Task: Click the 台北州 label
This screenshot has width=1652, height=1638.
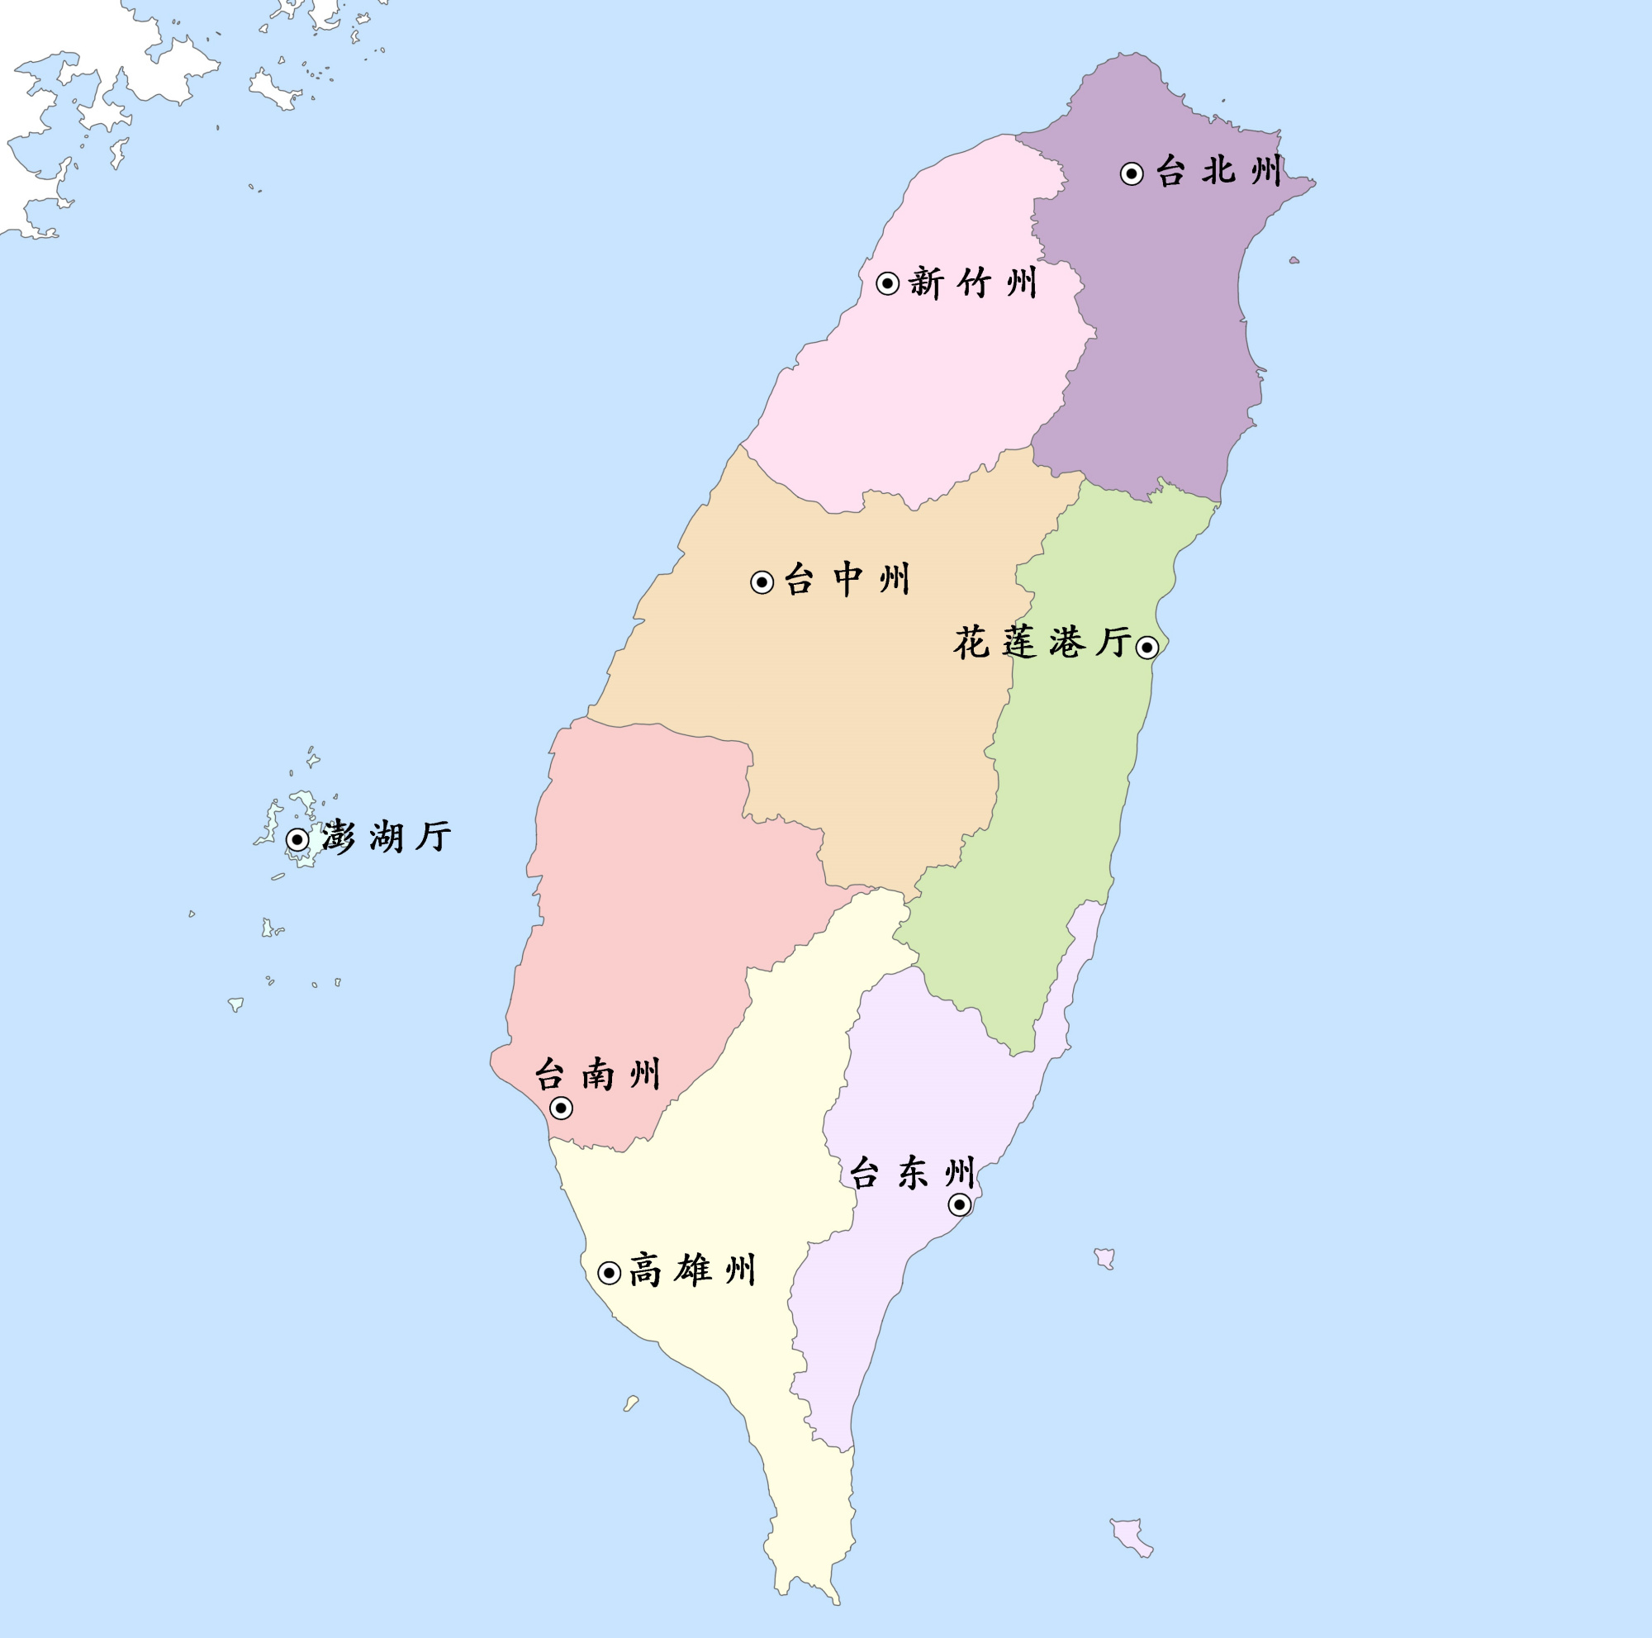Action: click(1218, 171)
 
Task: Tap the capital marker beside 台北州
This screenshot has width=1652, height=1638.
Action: click(1132, 173)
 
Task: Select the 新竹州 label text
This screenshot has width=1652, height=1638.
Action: click(973, 282)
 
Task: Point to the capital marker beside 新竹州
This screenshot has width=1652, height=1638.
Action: click(888, 283)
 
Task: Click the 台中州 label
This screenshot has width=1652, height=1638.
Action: click(847, 580)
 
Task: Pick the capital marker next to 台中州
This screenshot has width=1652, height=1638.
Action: click(762, 582)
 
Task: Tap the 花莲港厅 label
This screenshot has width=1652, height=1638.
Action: click(1042, 643)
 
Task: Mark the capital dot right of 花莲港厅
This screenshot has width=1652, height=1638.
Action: click(1147, 647)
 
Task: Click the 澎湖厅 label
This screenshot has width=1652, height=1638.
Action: click(387, 836)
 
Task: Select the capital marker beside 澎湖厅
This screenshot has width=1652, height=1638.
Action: click(297, 838)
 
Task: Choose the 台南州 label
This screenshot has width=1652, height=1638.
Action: click(598, 1074)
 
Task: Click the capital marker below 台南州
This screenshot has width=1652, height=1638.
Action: click(561, 1108)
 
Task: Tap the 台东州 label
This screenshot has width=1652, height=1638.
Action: click(913, 1173)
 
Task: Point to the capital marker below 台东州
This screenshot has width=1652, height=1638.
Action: click(959, 1204)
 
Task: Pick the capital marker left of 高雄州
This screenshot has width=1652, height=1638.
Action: click(609, 1273)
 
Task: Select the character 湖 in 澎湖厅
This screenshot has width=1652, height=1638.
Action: click(387, 836)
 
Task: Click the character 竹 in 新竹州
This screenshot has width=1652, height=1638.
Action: click(973, 282)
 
